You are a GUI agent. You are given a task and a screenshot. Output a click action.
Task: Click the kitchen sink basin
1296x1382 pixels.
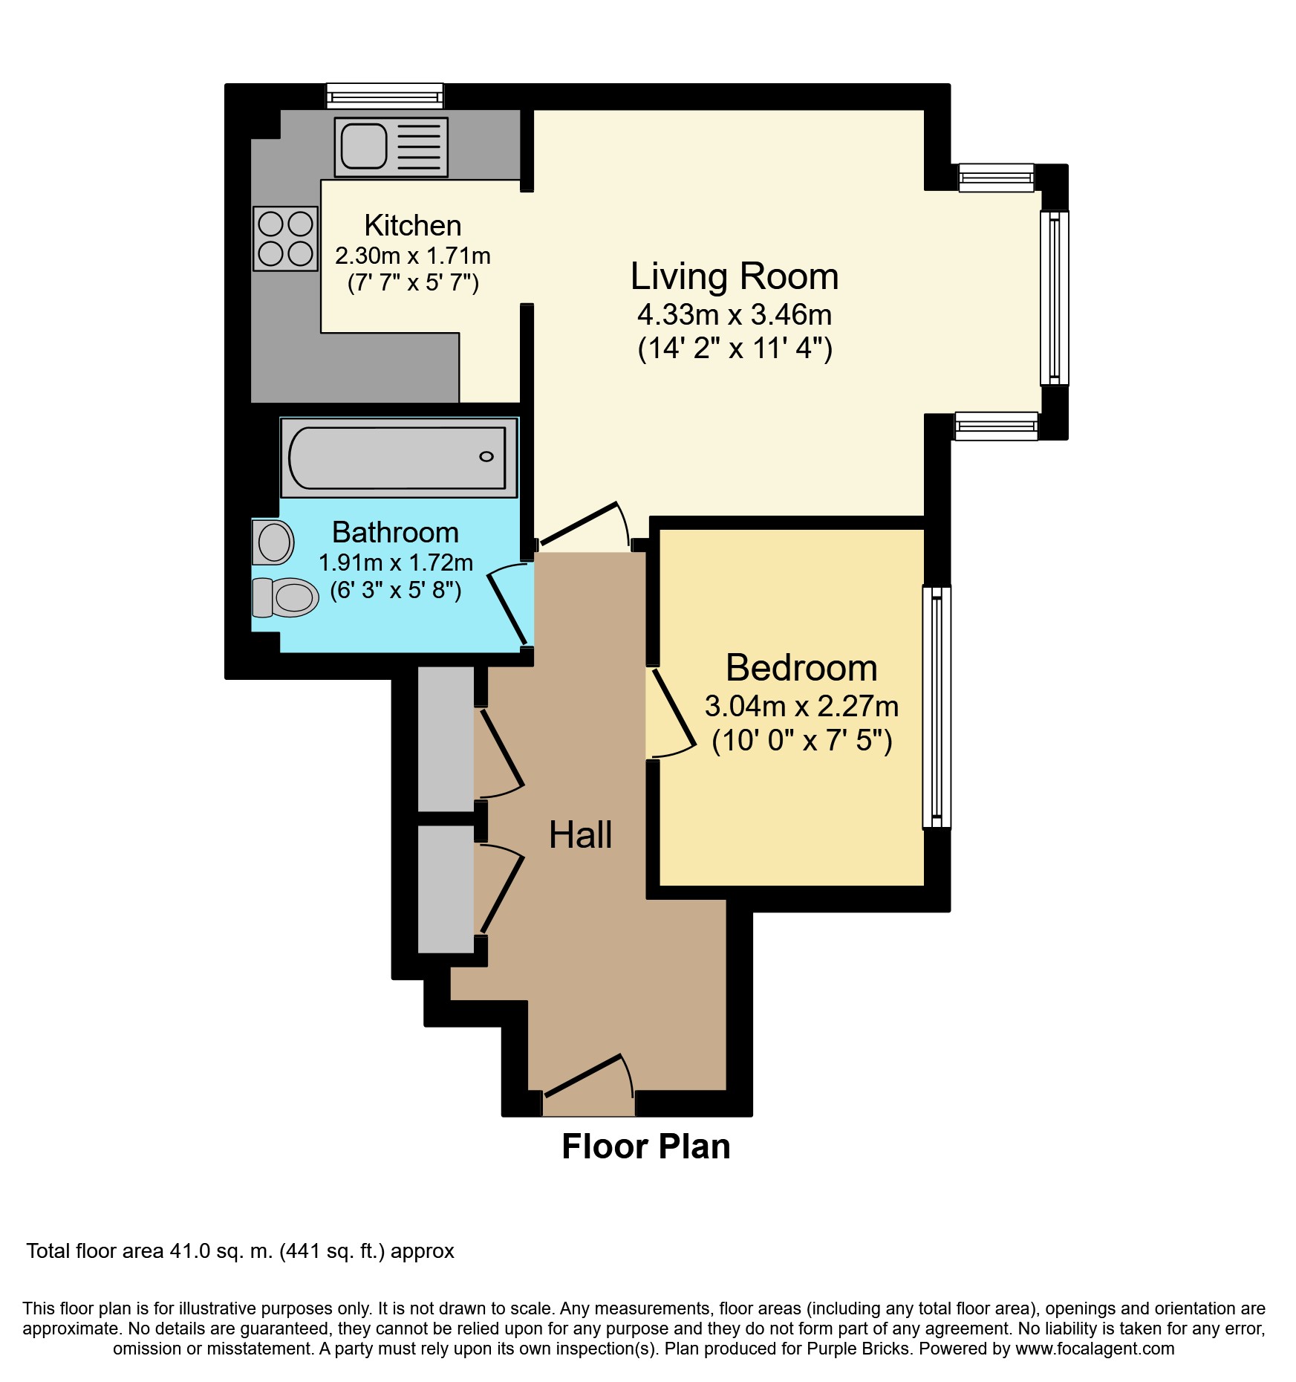(364, 146)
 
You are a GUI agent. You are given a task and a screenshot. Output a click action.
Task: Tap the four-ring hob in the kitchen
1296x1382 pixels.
(286, 239)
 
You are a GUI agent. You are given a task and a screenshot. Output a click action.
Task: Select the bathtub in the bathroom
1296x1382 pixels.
(399, 458)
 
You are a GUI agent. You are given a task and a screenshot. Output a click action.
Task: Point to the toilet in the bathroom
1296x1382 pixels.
(285, 597)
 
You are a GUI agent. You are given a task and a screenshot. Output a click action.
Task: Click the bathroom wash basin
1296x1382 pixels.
(273, 542)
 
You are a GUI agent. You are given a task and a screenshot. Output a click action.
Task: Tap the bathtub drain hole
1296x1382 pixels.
(486, 456)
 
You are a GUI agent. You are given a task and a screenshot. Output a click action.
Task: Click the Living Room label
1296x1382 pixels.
(735, 276)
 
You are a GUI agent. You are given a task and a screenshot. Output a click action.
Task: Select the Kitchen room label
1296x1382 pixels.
(413, 225)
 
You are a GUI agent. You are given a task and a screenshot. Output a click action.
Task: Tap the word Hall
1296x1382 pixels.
(581, 834)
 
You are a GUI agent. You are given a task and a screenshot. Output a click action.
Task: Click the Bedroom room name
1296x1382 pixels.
(801, 667)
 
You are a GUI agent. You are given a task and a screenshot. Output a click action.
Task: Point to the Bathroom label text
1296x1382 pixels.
(395, 532)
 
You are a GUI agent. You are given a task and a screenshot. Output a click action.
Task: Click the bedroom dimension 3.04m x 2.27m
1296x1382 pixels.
(801, 706)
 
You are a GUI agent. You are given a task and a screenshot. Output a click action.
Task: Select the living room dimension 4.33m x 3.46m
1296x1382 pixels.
(735, 314)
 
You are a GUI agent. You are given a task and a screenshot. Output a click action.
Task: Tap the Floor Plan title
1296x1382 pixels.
(646, 1146)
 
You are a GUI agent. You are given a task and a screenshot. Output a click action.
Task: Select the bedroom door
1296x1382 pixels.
(673, 713)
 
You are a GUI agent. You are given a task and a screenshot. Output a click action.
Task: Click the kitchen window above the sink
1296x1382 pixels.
(385, 96)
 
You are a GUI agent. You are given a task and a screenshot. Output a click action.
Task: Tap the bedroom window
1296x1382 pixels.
(937, 707)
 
